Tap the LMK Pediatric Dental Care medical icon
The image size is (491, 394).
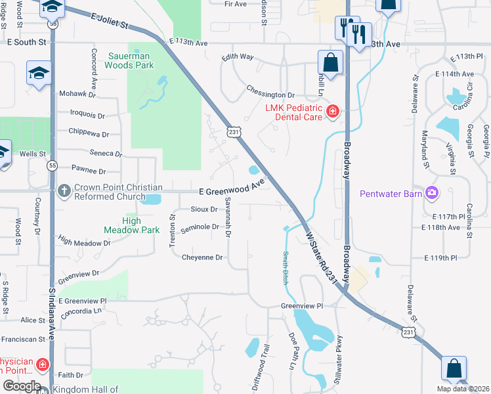point(333,112)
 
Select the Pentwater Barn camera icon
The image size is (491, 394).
point(432,193)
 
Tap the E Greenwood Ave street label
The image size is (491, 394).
point(231,187)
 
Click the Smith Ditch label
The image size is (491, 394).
point(286,267)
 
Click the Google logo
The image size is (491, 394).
point(22,386)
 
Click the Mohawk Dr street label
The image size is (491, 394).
point(77,94)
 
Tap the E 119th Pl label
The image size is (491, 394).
point(440,257)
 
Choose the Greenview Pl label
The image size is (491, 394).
point(303,306)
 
